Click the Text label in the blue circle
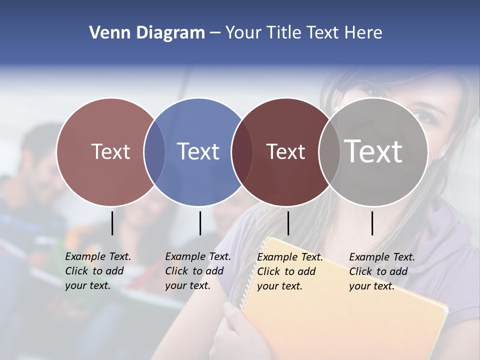(198, 151)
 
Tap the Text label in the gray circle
(373, 151)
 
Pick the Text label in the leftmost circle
(110, 151)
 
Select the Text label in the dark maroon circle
(285, 151)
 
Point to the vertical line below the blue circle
(200, 223)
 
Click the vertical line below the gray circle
(372, 223)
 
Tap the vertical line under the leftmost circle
(112, 223)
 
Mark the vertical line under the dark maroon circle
(288, 223)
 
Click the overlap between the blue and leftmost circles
(154, 151)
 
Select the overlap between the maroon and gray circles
(329, 151)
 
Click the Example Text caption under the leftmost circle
(97, 271)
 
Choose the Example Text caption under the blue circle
(197, 271)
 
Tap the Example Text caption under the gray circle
(381, 271)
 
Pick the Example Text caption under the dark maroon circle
(289, 271)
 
